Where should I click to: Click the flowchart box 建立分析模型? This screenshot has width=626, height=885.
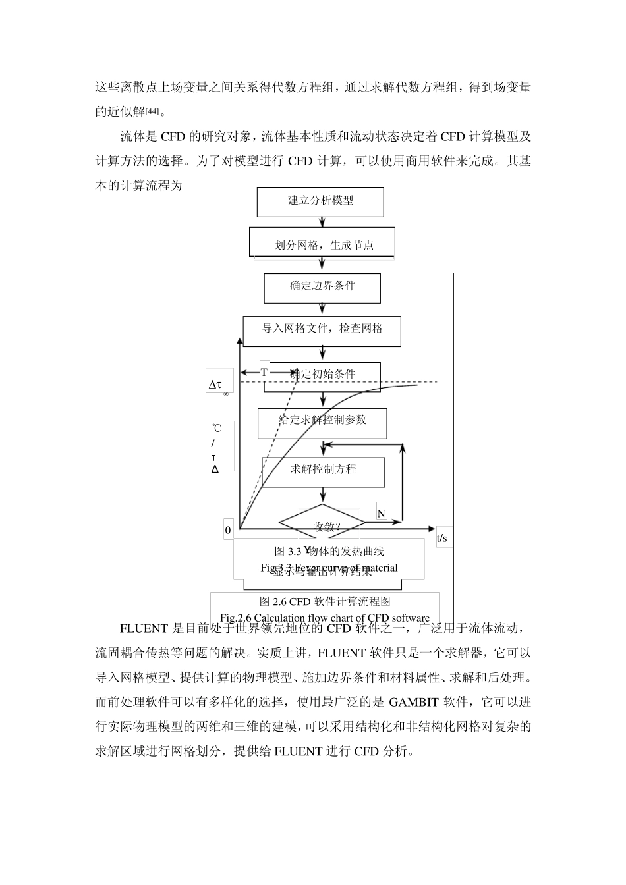click(x=320, y=201)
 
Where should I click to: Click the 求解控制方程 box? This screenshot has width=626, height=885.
click(x=323, y=470)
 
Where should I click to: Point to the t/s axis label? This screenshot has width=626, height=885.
click(x=441, y=539)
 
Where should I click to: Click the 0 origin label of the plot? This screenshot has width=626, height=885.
click(x=228, y=529)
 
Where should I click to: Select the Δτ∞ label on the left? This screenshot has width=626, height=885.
click(x=217, y=386)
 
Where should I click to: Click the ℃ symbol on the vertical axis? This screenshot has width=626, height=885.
click(x=216, y=429)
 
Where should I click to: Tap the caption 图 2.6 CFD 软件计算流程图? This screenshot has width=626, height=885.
click(x=325, y=601)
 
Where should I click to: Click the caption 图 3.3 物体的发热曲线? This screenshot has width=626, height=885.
click(x=329, y=551)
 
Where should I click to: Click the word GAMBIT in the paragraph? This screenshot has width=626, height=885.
click(x=413, y=702)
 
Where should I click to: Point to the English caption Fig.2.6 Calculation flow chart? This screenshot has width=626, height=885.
click(x=325, y=618)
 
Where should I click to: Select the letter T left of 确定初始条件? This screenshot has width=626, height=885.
click(x=264, y=373)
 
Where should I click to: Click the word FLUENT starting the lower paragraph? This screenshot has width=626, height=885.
click(x=144, y=628)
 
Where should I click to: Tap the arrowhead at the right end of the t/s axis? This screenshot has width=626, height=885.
click(x=432, y=528)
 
